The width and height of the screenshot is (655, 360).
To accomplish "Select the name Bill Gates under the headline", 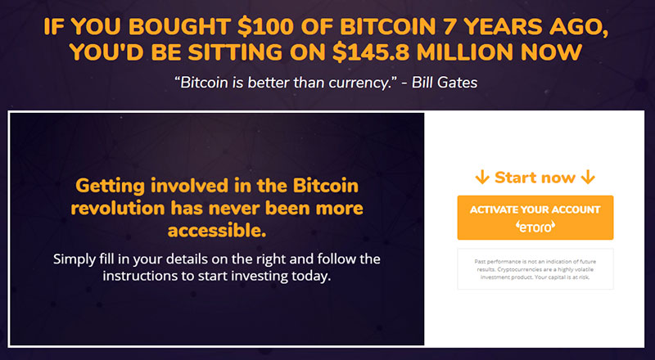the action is pyautogui.click(x=445, y=83).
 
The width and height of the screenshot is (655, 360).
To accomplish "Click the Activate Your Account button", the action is pyautogui.click(x=535, y=218).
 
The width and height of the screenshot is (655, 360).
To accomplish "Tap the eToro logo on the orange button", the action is pyautogui.click(x=535, y=227).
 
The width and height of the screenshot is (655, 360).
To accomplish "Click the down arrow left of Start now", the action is pyautogui.click(x=482, y=178).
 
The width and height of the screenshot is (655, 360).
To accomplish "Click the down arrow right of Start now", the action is pyautogui.click(x=588, y=178).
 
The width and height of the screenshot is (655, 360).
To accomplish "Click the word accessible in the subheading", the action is pyautogui.click(x=217, y=230).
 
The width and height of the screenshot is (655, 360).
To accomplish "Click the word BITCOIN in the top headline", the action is pyautogui.click(x=388, y=27).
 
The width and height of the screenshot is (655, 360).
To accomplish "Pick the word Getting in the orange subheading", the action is pyautogui.click(x=110, y=186).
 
